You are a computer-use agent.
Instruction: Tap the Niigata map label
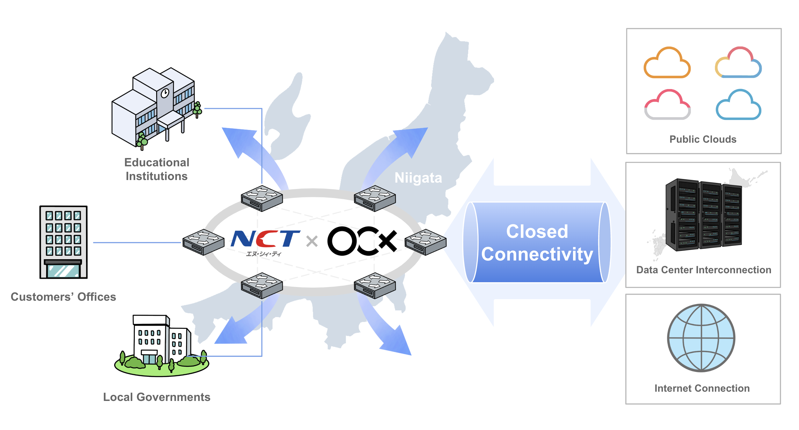[418, 178]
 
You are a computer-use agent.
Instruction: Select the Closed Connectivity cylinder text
[537, 243]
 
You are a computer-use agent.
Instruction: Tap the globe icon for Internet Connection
[701, 338]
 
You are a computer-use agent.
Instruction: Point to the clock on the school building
[165, 93]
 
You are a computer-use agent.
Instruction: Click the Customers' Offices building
[63, 242]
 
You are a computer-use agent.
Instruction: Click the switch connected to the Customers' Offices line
[203, 242]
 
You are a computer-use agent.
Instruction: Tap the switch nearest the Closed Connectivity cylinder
[425, 242]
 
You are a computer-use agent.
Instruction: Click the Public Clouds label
[703, 139]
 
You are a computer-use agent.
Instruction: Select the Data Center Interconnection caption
[703, 270]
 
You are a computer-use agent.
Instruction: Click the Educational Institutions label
[156, 169]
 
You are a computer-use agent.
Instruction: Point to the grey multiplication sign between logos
[312, 241]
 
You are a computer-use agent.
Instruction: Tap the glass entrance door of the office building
[63, 271]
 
